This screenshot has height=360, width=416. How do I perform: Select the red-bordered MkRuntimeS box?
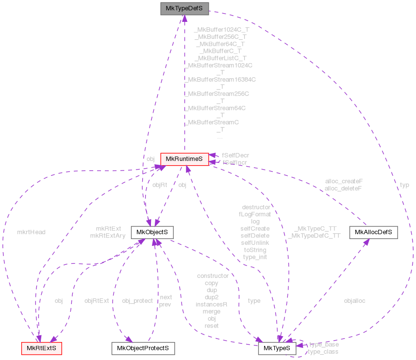(x=184, y=159)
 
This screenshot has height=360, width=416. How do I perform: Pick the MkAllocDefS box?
(x=373, y=232)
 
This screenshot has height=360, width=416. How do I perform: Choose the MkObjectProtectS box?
(x=143, y=348)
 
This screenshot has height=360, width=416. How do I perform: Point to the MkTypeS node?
(x=277, y=348)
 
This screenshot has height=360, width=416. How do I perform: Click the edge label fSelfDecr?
(x=235, y=155)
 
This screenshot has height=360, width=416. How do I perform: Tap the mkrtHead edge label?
(x=31, y=232)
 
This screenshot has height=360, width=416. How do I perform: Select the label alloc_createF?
(x=344, y=181)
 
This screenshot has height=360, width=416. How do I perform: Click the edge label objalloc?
(x=354, y=301)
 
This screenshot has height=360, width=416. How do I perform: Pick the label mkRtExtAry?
(x=108, y=236)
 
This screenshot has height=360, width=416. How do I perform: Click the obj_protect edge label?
(x=137, y=301)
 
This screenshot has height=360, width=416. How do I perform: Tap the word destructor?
(x=256, y=207)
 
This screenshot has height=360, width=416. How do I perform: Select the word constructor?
(x=213, y=275)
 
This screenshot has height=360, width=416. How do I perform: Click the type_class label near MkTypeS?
(x=324, y=351)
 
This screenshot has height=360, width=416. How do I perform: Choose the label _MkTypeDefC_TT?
(x=314, y=236)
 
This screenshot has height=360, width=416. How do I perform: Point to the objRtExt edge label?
(x=97, y=301)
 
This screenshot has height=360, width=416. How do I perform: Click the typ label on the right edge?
(x=404, y=185)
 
